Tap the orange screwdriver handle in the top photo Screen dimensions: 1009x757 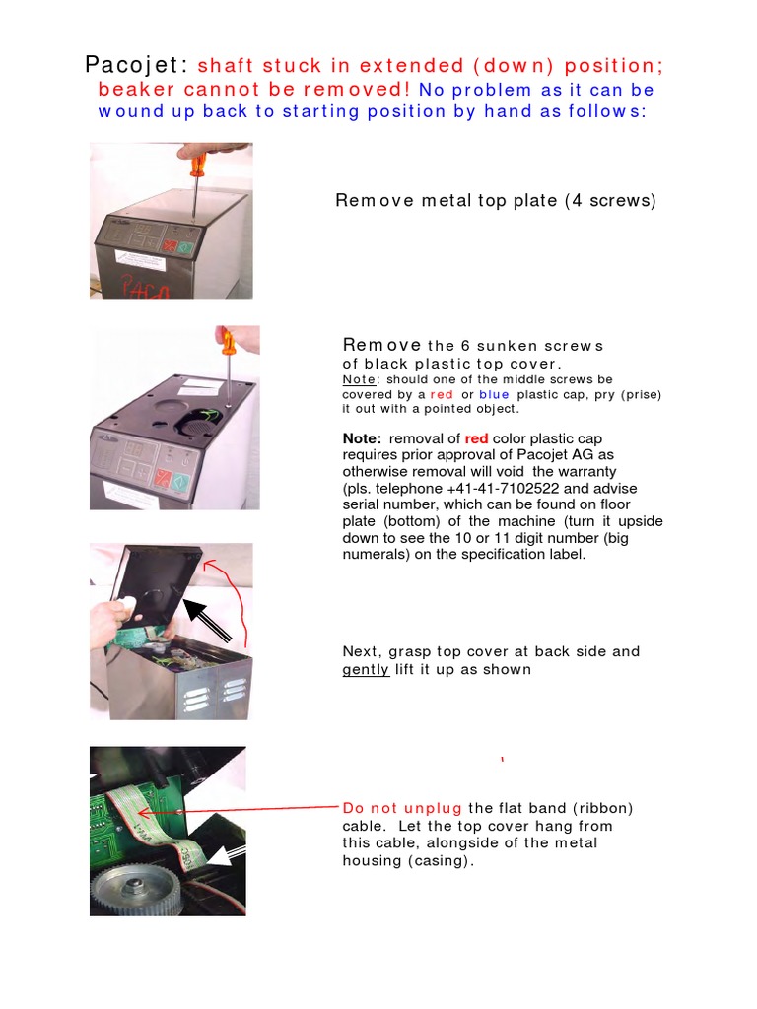197,162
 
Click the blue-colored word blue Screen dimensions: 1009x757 494,394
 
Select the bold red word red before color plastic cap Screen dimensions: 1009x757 477,438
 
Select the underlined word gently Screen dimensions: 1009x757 365,670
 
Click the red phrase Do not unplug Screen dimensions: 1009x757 402,808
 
